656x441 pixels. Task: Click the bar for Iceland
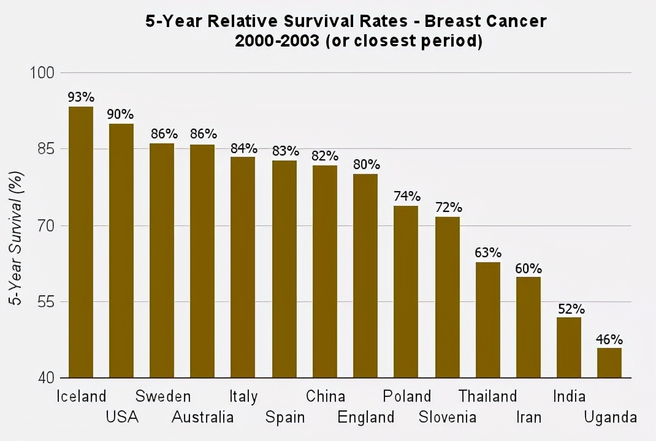point(81,242)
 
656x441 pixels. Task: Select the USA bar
point(121,251)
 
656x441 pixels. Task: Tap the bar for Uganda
point(609,363)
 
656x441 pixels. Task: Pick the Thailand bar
point(488,320)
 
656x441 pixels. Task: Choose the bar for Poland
point(406,292)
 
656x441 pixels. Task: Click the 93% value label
point(81,97)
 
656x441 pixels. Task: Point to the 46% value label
point(609,339)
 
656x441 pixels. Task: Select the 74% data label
point(406,197)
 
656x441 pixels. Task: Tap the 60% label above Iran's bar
point(528,268)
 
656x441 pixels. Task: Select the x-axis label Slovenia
point(448,418)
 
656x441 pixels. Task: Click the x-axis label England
point(366,418)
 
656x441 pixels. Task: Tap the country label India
point(569,396)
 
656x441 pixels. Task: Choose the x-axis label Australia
point(203,418)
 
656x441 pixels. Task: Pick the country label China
point(326,396)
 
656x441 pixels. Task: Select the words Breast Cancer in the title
point(485,21)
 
